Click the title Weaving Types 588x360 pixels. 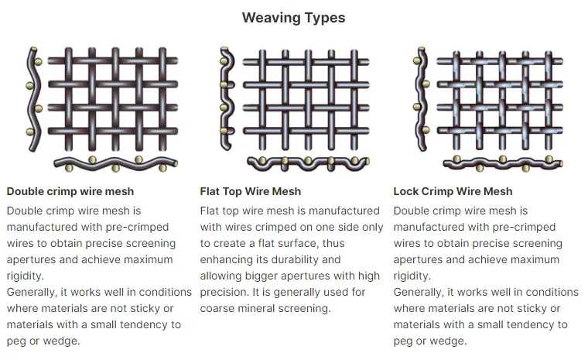click(x=293, y=17)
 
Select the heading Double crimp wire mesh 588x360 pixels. click(x=70, y=191)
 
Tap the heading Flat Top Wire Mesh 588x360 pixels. click(x=250, y=191)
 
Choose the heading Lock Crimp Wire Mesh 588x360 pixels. click(x=453, y=191)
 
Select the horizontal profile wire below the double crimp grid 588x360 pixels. click(x=116, y=164)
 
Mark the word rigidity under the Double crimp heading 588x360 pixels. click(x=26, y=276)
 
